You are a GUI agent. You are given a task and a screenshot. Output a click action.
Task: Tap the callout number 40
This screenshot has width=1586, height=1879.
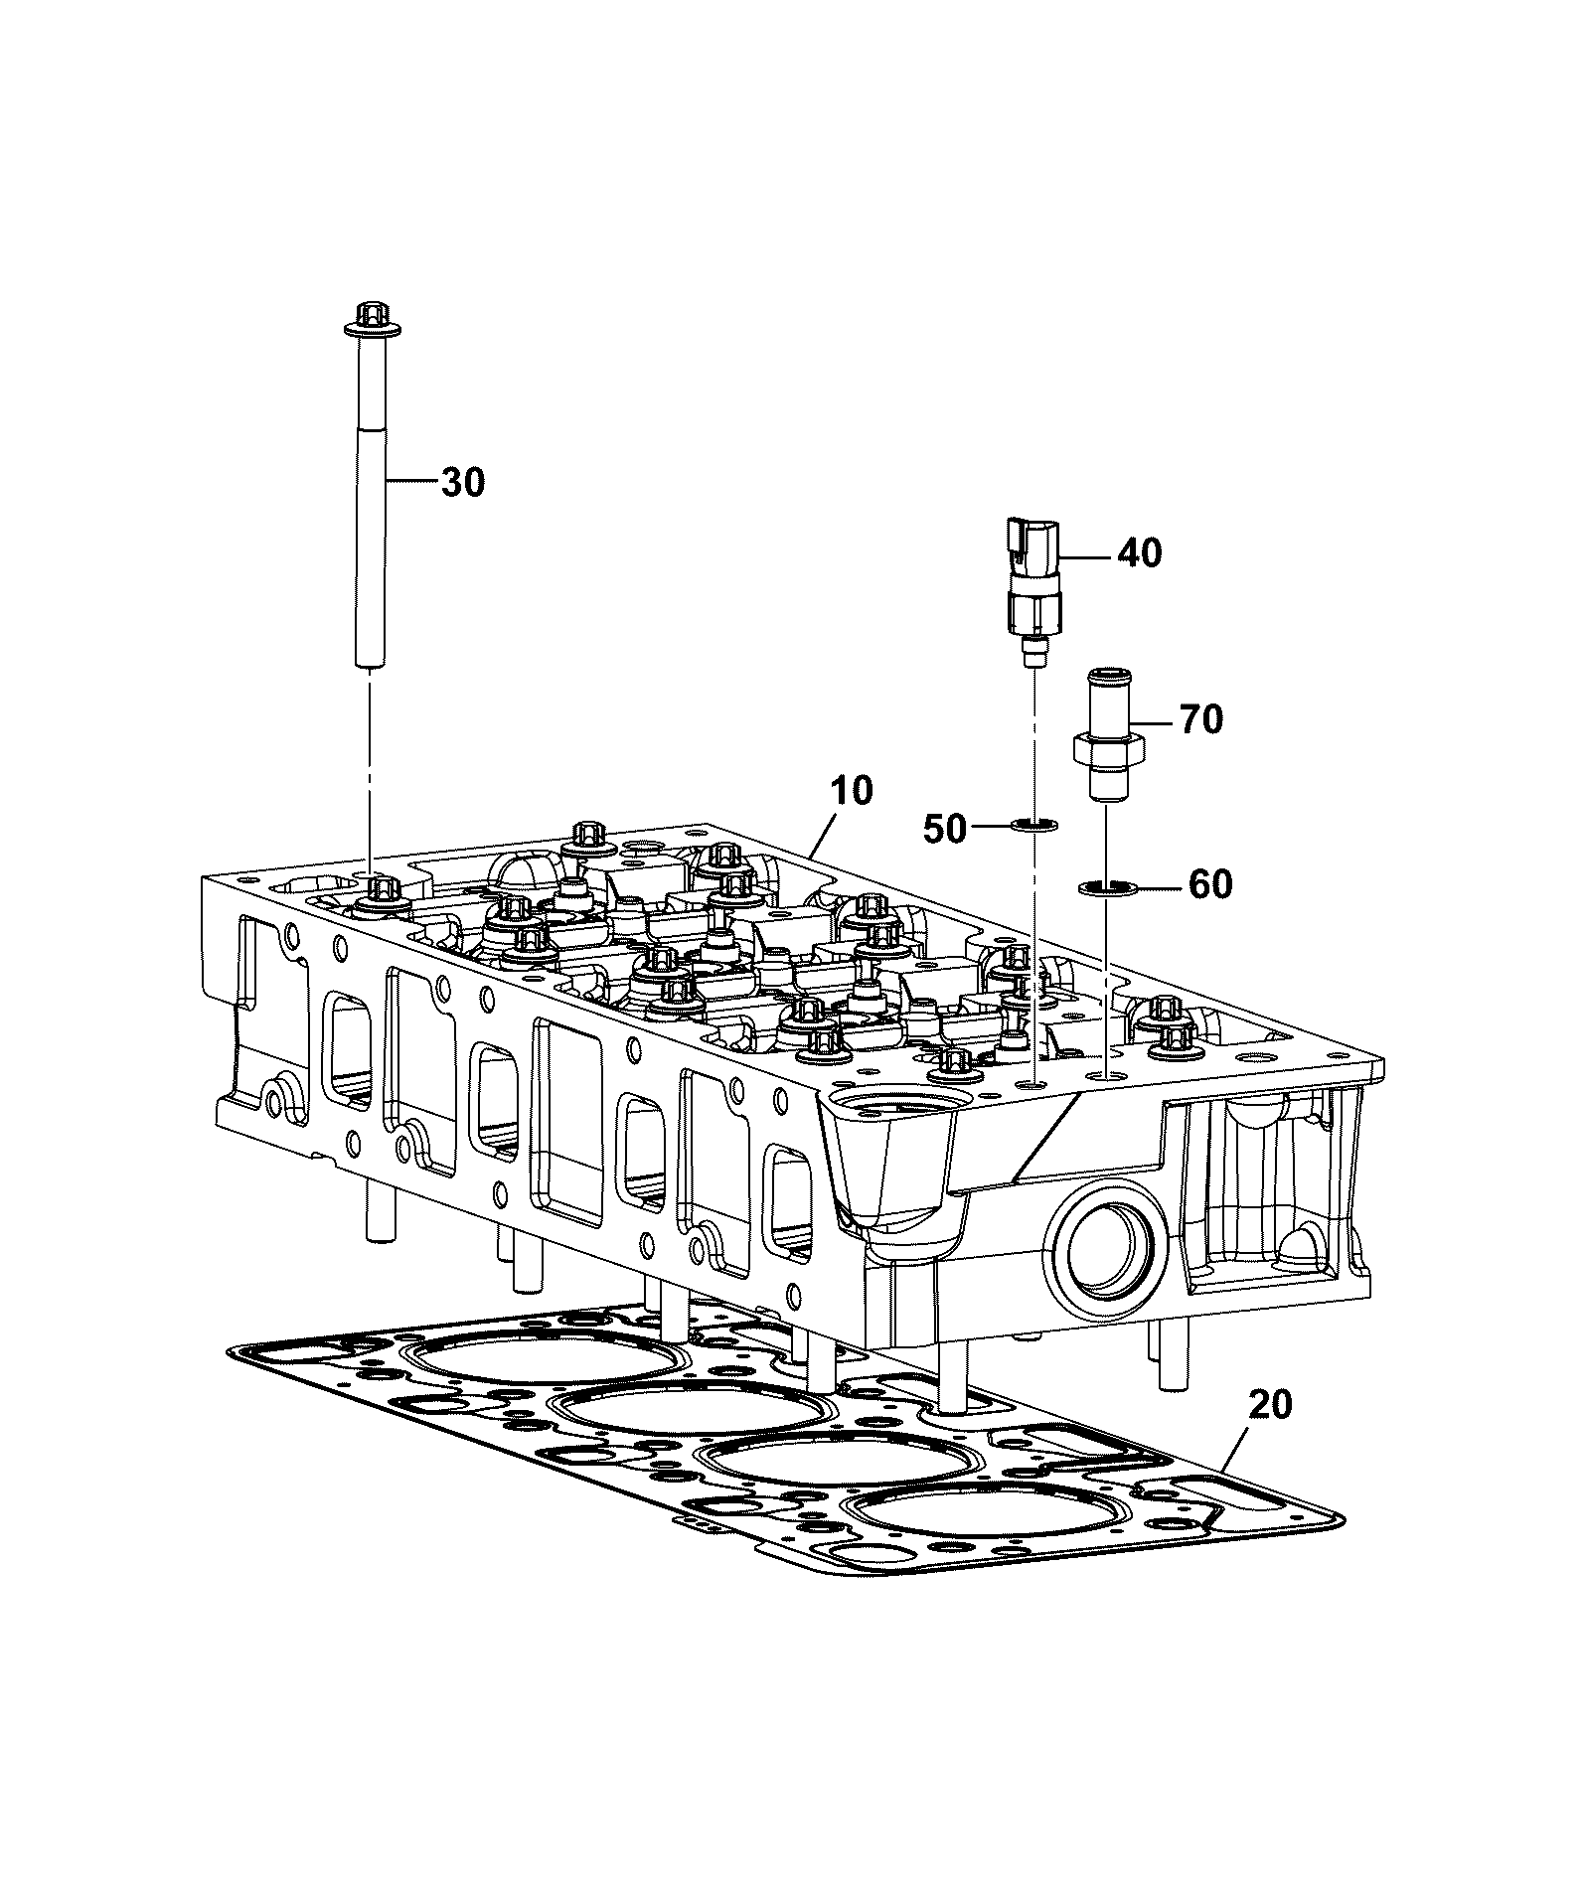[1139, 552]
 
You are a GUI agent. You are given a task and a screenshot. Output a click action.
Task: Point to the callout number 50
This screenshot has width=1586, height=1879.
[945, 828]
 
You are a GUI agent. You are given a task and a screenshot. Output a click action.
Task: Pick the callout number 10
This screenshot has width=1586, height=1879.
[852, 791]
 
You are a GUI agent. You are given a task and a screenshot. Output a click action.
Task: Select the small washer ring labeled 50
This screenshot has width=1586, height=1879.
[1033, 824]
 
